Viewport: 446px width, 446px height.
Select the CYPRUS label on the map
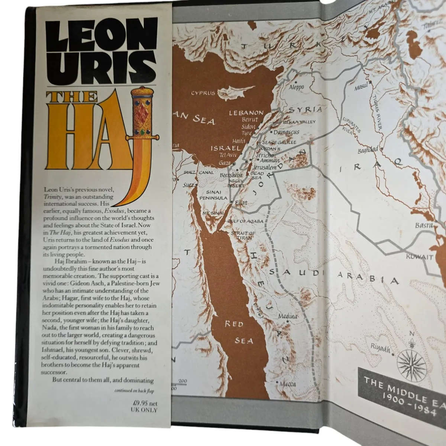point(203,93)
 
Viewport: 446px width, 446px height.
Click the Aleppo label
point(296,87)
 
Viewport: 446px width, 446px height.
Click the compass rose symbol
point(411,362)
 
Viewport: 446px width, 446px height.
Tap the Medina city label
point(288,316)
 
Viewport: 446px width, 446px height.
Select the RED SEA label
point(233,332)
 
